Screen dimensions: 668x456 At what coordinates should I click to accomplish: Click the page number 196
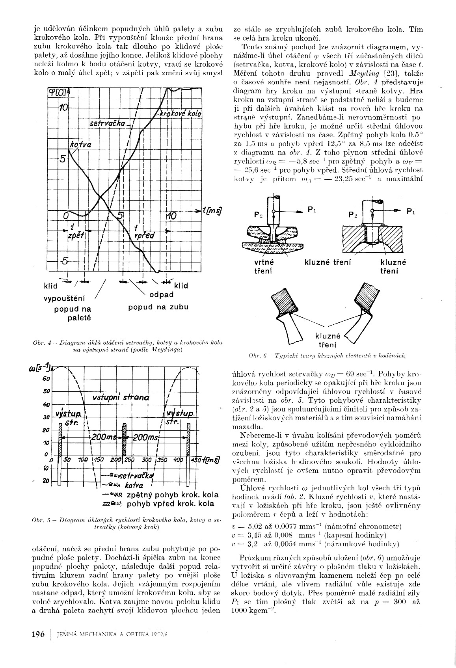[x=38, y=634]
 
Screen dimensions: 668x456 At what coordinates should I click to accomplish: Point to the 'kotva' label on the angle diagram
[x=80, y=145]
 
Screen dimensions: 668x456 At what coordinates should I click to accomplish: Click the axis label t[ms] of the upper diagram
[x=212, y=211]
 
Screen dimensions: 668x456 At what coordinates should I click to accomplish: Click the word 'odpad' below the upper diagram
[x=161, y=294]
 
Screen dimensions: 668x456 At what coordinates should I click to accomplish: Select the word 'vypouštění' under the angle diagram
[x=64, y=298]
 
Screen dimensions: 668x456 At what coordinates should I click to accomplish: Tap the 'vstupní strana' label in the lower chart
[x=121, y=397]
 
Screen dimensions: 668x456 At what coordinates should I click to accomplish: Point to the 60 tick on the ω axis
[x=46, y=379]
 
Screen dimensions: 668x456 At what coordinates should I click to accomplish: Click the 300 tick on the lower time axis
[x=146, y=460]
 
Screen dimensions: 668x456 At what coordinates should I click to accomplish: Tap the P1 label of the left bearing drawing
[x=311, y=210]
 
